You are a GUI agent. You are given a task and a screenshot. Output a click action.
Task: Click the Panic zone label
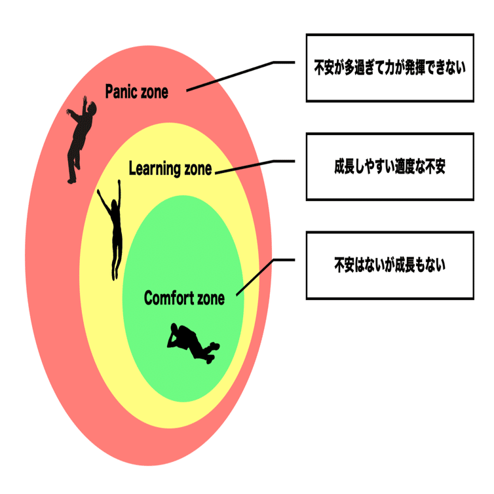coord(136,92)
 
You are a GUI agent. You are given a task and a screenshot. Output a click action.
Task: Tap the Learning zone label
coord(170,168)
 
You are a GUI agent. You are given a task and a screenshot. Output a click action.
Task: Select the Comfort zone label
coord(184,298)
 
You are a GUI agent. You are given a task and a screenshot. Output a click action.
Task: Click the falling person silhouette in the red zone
coord(81,140)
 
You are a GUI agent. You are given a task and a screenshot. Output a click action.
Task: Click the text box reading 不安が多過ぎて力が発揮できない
coord(390,67)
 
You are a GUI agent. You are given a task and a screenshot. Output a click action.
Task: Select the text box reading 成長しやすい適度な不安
coord(390,166)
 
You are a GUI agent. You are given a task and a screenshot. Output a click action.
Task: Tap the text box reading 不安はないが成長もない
coord(390,265)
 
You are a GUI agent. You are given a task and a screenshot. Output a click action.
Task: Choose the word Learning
coord(155,168)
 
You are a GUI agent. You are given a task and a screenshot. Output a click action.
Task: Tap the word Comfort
coord(169,298)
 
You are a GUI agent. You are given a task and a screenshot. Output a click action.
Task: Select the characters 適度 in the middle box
coord(404,166)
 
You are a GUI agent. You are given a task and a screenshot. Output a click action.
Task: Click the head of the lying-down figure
coord(174,328)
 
